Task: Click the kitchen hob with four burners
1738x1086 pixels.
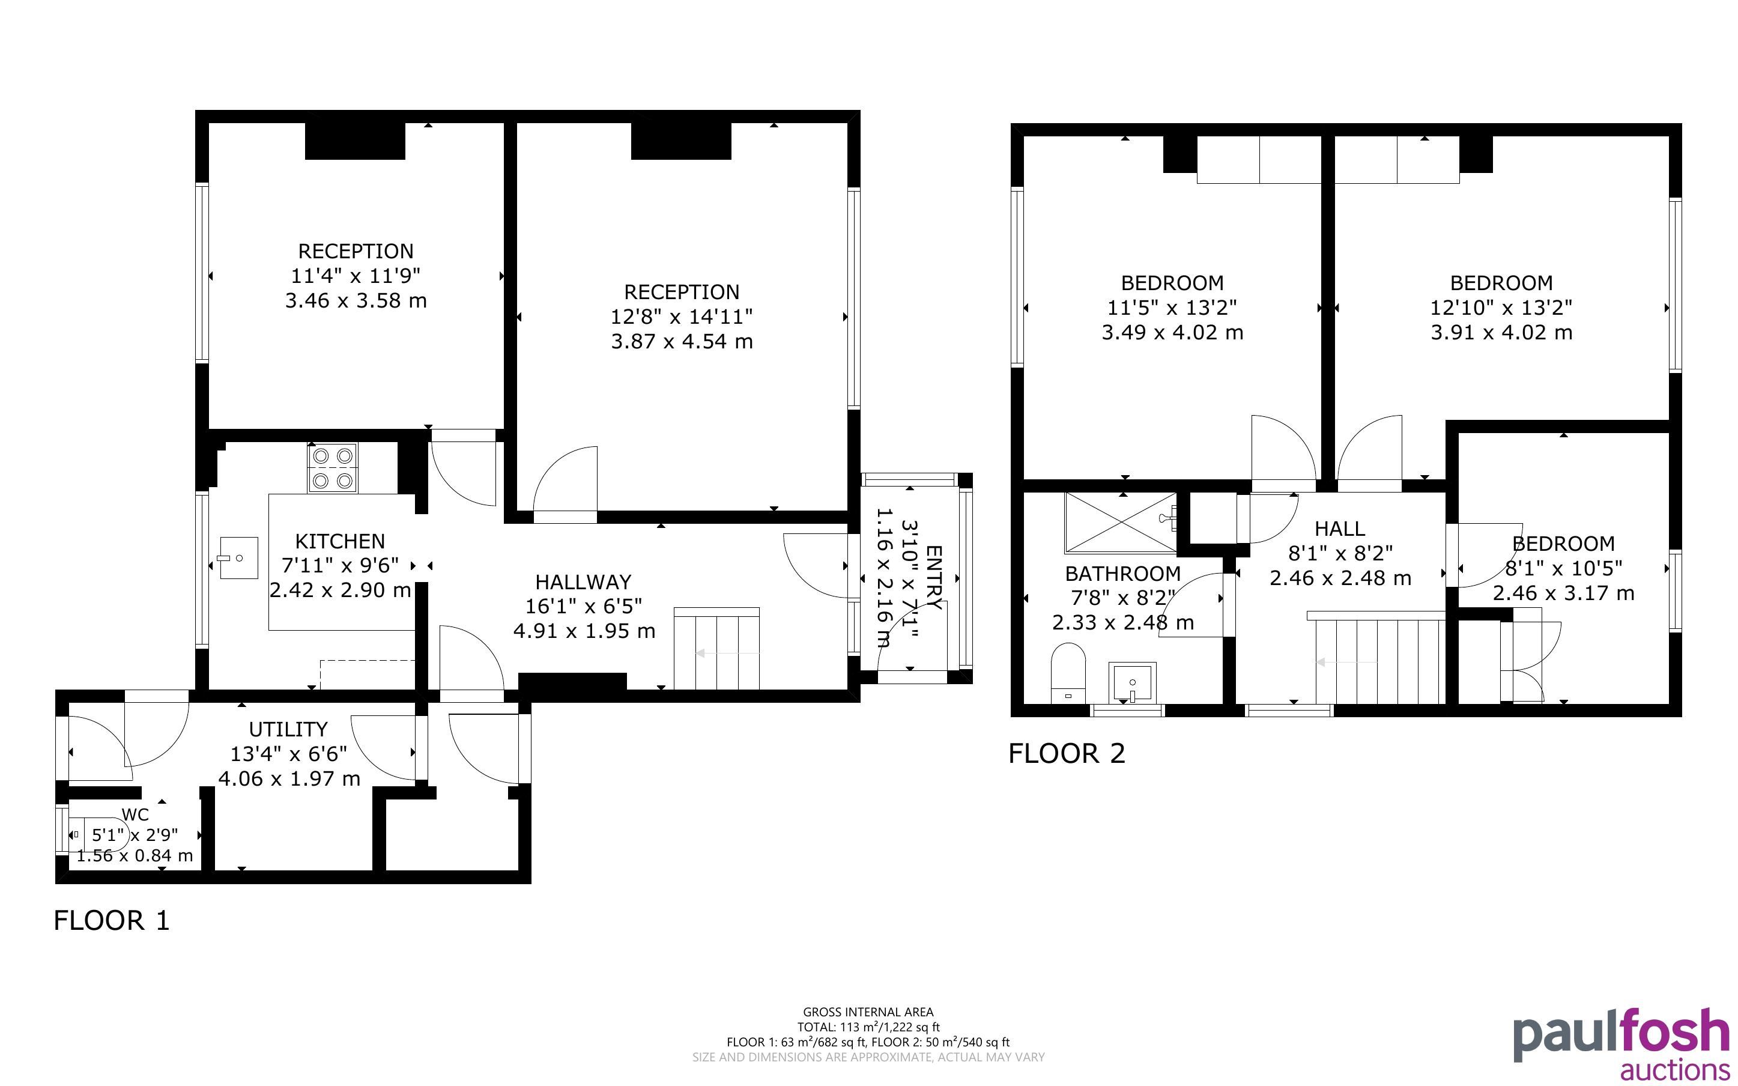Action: pos(333,467)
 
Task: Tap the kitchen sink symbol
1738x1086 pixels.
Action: pos(239,557)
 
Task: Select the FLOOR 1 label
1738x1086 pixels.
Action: pos(112,920)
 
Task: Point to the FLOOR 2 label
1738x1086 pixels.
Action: pos(1067,753)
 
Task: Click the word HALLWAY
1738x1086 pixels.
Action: pos(584,582)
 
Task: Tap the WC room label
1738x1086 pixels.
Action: pos(136,814)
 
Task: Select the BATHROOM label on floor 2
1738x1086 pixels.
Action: pos(1123,573)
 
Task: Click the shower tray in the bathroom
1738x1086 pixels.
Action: pos(1121,523)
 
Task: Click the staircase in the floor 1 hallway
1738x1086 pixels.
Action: pos(716,649)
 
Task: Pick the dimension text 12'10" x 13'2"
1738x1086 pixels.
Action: pos(1501,308)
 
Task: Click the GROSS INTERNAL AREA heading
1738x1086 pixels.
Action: pos(868,1012)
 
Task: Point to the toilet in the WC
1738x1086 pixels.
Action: pos(99,834)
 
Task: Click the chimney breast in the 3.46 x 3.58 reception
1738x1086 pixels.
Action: pos(356,141)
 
